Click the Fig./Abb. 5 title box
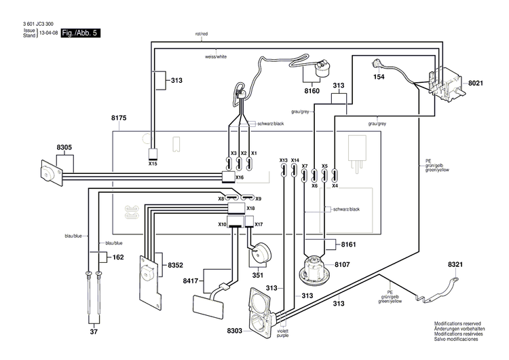[80, 33]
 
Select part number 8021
[474, 82]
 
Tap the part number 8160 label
[312, 90]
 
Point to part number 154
[379, 77]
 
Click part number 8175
[119, 118]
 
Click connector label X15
[153, 164]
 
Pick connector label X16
[239, 177]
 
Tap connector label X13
[284, 160]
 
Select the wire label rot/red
[202, 33]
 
